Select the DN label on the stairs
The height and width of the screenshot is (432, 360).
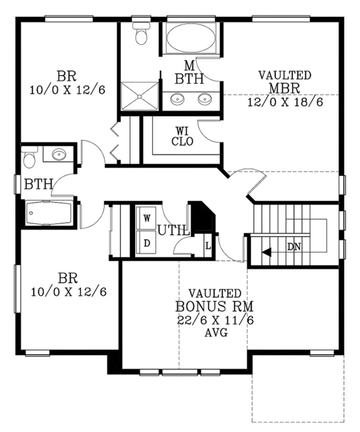294,247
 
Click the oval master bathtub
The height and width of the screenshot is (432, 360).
189,40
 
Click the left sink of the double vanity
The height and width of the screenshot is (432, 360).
178,99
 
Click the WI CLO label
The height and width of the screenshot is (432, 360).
182,136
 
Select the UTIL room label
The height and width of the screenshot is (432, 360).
174,229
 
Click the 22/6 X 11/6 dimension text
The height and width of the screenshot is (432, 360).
215,320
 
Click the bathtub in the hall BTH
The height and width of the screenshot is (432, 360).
49,212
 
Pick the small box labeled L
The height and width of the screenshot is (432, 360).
208,246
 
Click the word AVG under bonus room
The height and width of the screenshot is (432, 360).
215,333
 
